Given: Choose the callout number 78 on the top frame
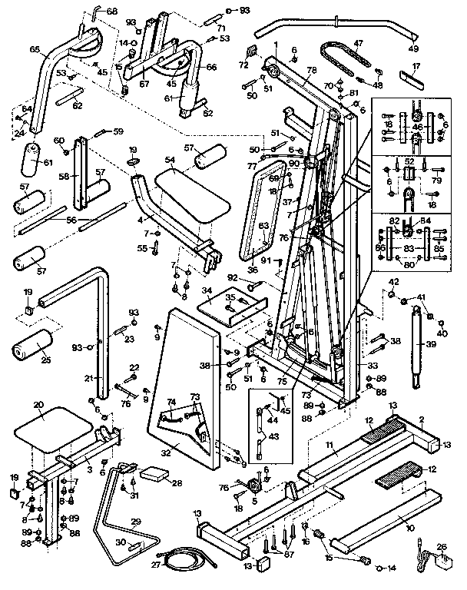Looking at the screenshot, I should [x=311, y=69].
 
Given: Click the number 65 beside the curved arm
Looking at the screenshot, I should [x=35, y=49].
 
